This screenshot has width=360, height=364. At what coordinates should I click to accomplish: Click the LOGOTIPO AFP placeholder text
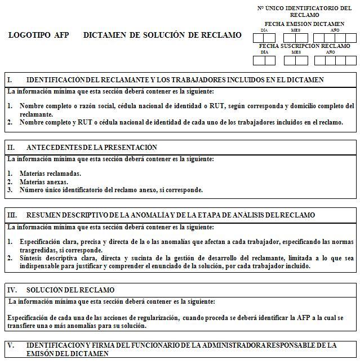tap(39, 35)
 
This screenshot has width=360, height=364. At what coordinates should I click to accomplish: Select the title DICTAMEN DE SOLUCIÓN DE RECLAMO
tap(162, 35)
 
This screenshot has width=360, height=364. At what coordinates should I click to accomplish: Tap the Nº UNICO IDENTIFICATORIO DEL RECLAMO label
tap(304, 11)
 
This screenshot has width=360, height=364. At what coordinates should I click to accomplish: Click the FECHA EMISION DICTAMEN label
tap(304, 24)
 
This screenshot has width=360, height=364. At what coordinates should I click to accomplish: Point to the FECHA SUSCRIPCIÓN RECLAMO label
tap(304, 46)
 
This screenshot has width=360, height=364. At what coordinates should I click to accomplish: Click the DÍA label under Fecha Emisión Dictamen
tap(264, 30)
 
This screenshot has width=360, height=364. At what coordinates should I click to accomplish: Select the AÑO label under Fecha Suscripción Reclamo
tap(331, 52)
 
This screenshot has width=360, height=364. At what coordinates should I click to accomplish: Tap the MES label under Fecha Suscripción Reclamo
tap(296, 52)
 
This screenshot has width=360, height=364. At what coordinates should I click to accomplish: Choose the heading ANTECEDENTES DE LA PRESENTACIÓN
tap(92, 147)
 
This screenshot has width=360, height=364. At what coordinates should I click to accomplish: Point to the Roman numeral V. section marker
tap(11, 344)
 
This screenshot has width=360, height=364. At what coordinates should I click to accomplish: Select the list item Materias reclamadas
tap(50, 174)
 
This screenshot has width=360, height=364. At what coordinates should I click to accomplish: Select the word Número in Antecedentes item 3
tap(32, 190)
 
